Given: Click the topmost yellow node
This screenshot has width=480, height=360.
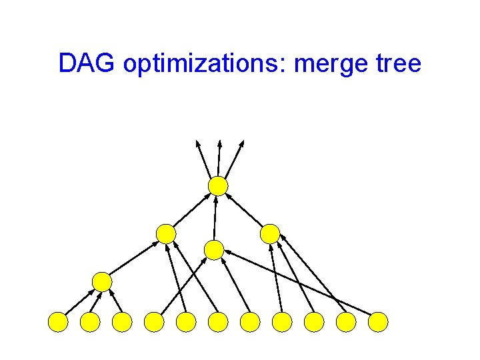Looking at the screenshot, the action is click(218, 186).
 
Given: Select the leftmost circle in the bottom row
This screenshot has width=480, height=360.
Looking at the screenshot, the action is click(58, 323).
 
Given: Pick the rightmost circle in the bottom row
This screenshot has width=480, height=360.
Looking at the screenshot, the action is click(378, 323).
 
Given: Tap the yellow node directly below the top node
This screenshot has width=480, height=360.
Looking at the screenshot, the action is click(213, 250).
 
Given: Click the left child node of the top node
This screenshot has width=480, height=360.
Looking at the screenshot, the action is click(166, 234).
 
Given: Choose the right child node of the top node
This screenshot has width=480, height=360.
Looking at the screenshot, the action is click(270, 234).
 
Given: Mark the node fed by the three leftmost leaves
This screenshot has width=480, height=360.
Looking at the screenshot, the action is click(102, 282).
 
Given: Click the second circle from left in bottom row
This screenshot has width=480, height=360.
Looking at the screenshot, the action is click(90, 323).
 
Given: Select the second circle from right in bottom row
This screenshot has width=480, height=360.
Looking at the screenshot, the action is click(346, 323).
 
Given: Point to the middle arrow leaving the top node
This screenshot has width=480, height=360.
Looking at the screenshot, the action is click(219, 158).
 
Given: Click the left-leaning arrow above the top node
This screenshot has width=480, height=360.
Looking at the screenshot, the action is click(203, 158).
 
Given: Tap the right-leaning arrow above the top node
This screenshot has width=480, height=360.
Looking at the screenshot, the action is click(236, 158).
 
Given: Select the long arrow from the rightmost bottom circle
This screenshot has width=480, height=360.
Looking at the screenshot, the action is click(300, 282).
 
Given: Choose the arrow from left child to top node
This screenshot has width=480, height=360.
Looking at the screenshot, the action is click(192, 211).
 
